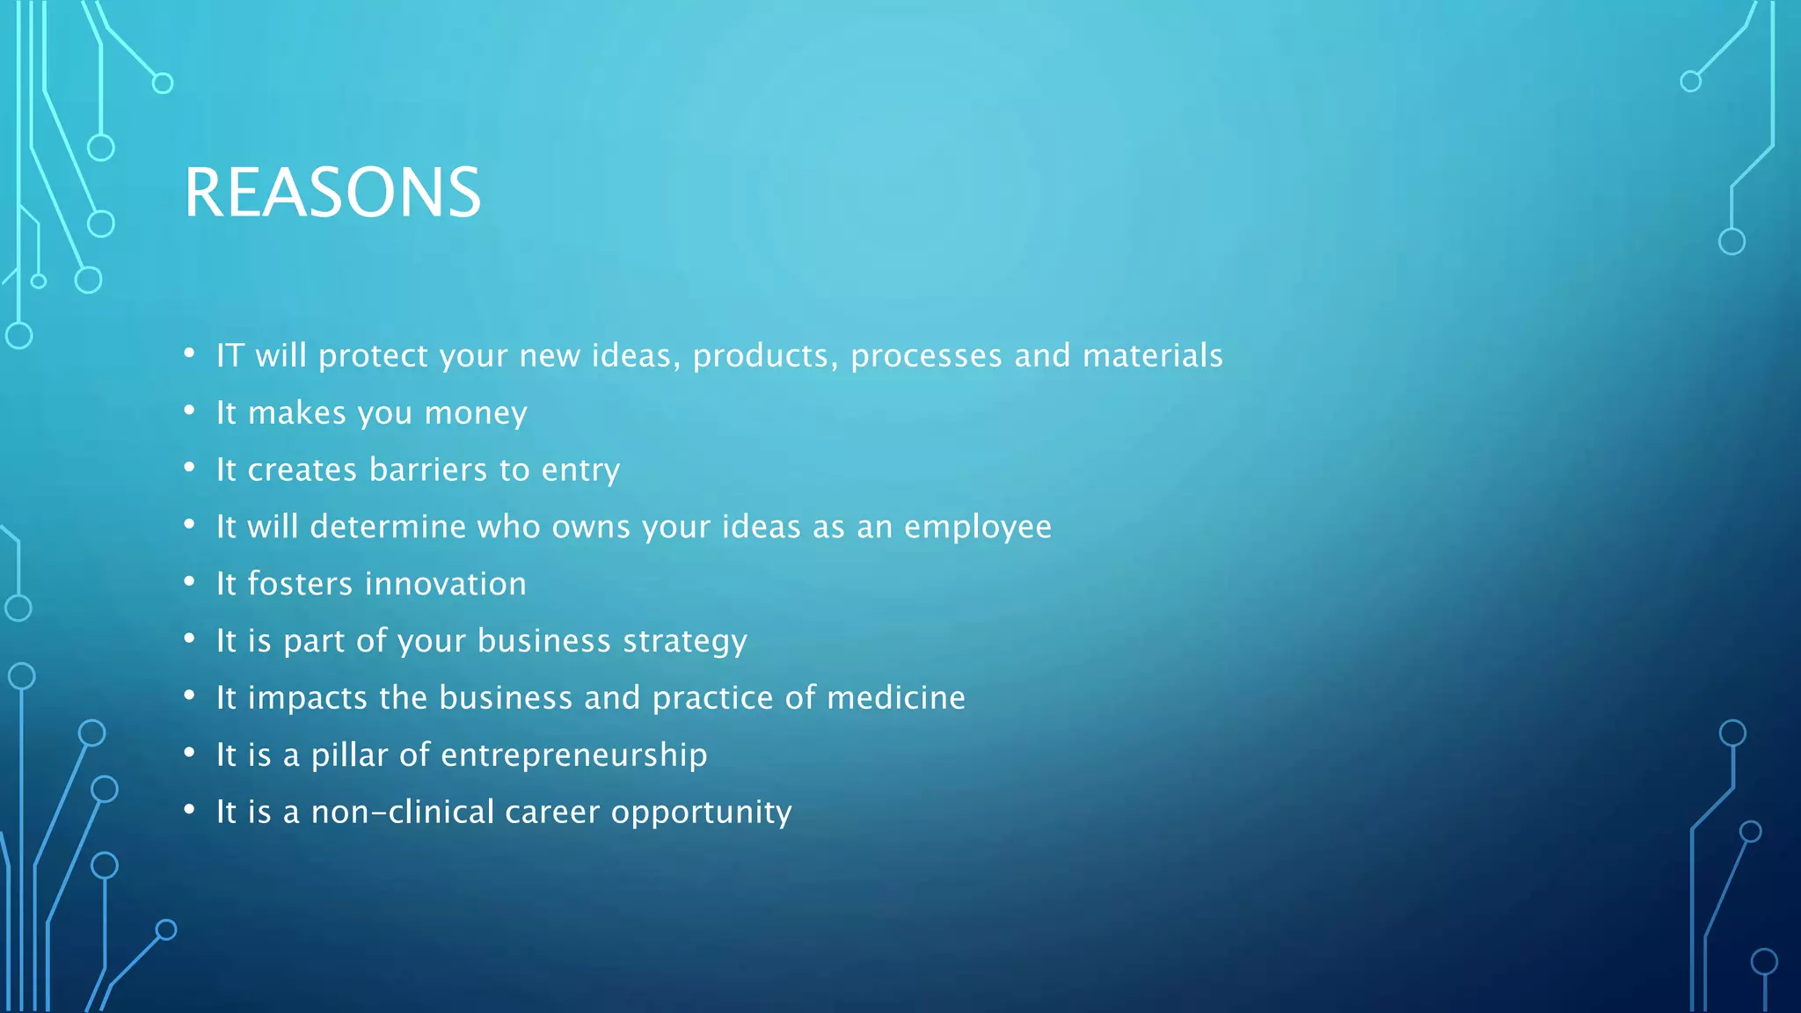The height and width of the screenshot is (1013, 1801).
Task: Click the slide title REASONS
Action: tap(332, 193)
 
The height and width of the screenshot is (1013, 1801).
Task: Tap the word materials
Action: tap(1152, 356)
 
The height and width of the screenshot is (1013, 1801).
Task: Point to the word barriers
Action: tap(428, 470)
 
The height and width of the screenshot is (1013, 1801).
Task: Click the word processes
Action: tap(926, 356)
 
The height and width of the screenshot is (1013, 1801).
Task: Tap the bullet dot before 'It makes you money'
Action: tap(189, 411)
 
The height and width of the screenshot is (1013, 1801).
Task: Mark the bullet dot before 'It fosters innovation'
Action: tap(189, 581)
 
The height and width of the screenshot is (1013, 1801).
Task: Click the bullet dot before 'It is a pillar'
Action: tap(189, 753)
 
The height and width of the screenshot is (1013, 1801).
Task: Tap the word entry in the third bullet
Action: tap(580, 470)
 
